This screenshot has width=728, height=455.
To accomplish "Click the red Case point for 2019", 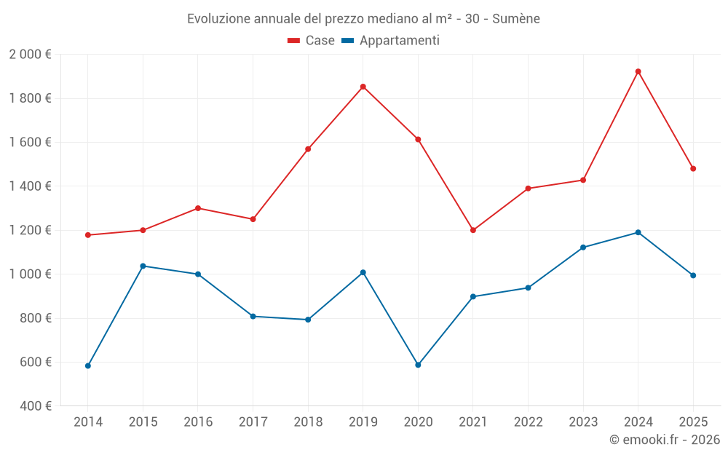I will (363, 87).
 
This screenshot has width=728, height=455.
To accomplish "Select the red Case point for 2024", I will (638, 71).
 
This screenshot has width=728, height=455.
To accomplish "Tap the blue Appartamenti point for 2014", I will (88, 365).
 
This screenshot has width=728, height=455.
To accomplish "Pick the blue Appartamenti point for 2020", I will (418, 365).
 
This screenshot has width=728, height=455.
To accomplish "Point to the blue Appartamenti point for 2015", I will (143, 266).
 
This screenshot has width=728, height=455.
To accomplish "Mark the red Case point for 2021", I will (473, 230).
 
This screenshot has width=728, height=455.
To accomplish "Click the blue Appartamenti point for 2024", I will (638, 232).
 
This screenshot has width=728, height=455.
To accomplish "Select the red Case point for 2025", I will (693, 168).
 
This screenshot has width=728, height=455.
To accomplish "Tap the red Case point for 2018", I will (308, 149).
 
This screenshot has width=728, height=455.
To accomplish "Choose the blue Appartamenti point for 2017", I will (253, 316).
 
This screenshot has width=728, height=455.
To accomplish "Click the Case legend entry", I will (312, 41).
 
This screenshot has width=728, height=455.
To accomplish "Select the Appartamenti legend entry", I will (391, 41).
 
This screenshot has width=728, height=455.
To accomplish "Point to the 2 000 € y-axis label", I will (30, 55).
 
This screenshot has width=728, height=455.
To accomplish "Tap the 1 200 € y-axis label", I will (30, 230).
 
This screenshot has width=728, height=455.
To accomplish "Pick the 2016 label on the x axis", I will (198, 422).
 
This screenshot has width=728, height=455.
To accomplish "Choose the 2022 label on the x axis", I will (528, 422).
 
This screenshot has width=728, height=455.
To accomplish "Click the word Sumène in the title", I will (516, 19).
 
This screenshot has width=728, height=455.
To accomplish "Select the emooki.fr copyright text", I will (665, 440).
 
